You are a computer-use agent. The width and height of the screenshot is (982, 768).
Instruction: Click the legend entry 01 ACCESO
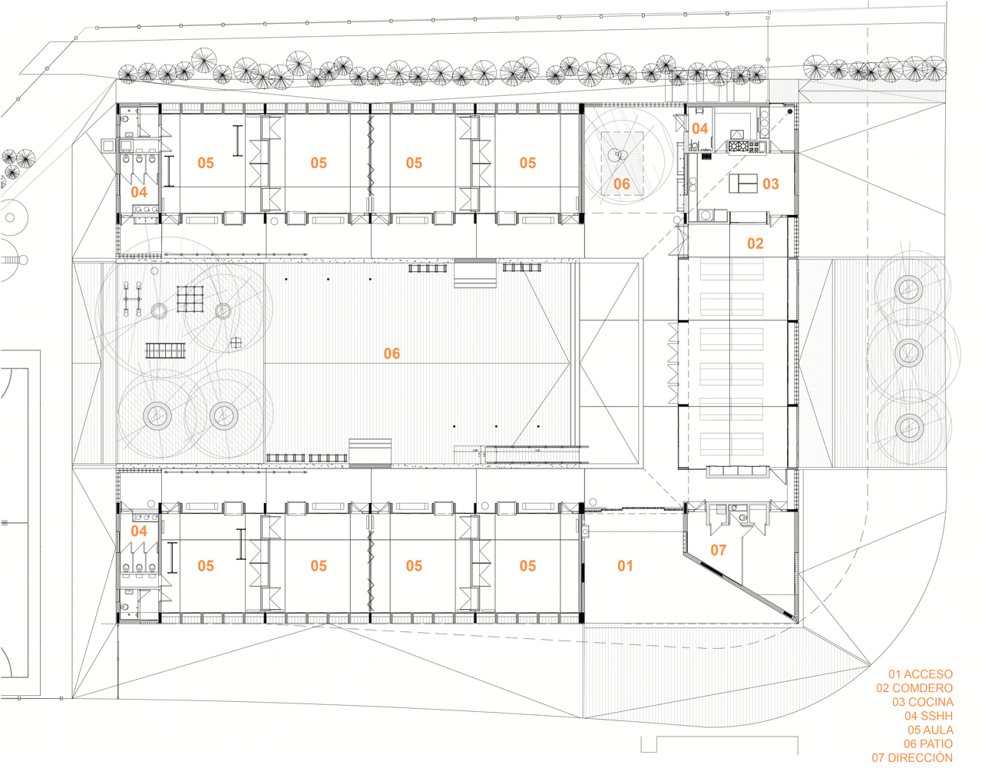(x=920, y=674)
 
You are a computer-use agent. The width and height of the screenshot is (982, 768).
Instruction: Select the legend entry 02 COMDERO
(x=914, y=688)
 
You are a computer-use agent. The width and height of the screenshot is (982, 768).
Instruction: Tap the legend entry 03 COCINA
(x=922, y=702)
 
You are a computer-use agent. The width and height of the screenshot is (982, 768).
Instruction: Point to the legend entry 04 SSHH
(x=929, y=716)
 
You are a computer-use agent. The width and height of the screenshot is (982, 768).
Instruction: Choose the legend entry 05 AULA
(x=931, y=730)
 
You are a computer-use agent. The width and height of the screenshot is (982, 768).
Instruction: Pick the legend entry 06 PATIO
(x=928, y=743)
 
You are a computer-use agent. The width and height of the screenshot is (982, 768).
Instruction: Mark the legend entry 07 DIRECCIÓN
(x=912, y=757)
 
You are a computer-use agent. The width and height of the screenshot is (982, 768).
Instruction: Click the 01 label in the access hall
(x=626, y=565)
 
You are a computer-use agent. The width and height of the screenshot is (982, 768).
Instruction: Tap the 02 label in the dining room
(x=756, y=243)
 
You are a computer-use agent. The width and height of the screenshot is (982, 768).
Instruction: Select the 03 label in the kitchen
(x=771, y=184)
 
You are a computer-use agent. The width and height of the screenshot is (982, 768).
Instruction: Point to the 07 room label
(x=719, y=550)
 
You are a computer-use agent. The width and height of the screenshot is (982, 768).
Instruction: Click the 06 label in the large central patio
(x=392, y=353)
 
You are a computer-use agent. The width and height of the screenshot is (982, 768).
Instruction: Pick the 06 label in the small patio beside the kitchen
(x=622, y=184)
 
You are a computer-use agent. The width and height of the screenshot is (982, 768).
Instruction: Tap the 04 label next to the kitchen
(x=700, y=129)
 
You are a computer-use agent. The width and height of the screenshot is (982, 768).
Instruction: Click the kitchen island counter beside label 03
(x=743, y=184)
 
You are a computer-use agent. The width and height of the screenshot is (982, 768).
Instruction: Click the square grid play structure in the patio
(x=190, y=300)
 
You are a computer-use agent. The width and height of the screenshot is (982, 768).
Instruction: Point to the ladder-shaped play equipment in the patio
(x=165, y=351)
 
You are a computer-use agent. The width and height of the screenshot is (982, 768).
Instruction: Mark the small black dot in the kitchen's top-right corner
(x=789, y=111)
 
